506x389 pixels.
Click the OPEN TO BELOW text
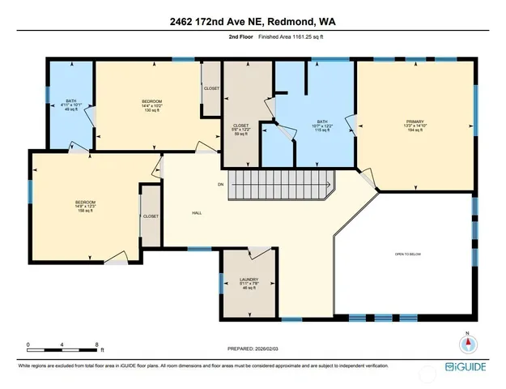tap(408, 254)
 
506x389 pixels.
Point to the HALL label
tap(197, 213)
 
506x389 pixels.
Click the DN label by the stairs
tap(219, 185)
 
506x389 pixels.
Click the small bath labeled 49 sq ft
tap(70, 105)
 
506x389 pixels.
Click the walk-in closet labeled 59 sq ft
tap(241, 130)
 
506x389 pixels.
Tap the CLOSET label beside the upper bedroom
tap(211, 88)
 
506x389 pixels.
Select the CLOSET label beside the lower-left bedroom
tap(151, 216)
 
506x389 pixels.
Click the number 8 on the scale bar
tap(96, 344)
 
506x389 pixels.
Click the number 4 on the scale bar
tap(62, 344)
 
